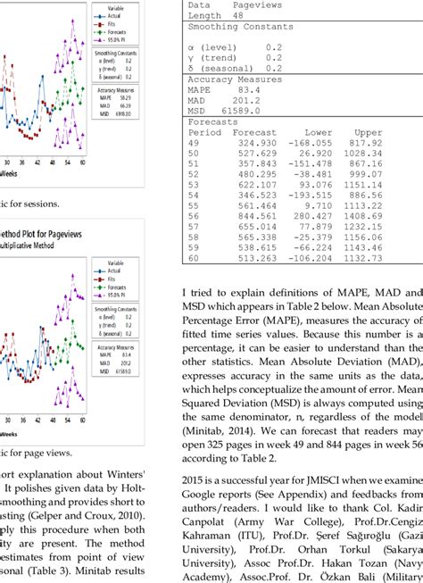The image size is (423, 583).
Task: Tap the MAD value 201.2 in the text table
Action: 246,100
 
